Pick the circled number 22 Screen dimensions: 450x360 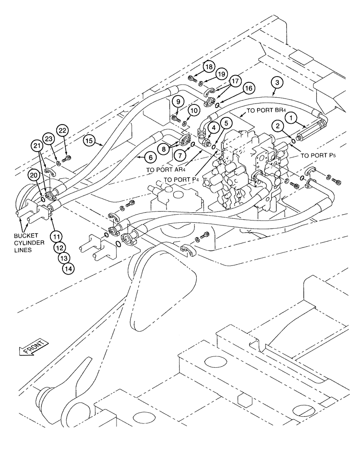62,131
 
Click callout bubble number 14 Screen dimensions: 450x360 68,267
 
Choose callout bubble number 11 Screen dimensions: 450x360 55,235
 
